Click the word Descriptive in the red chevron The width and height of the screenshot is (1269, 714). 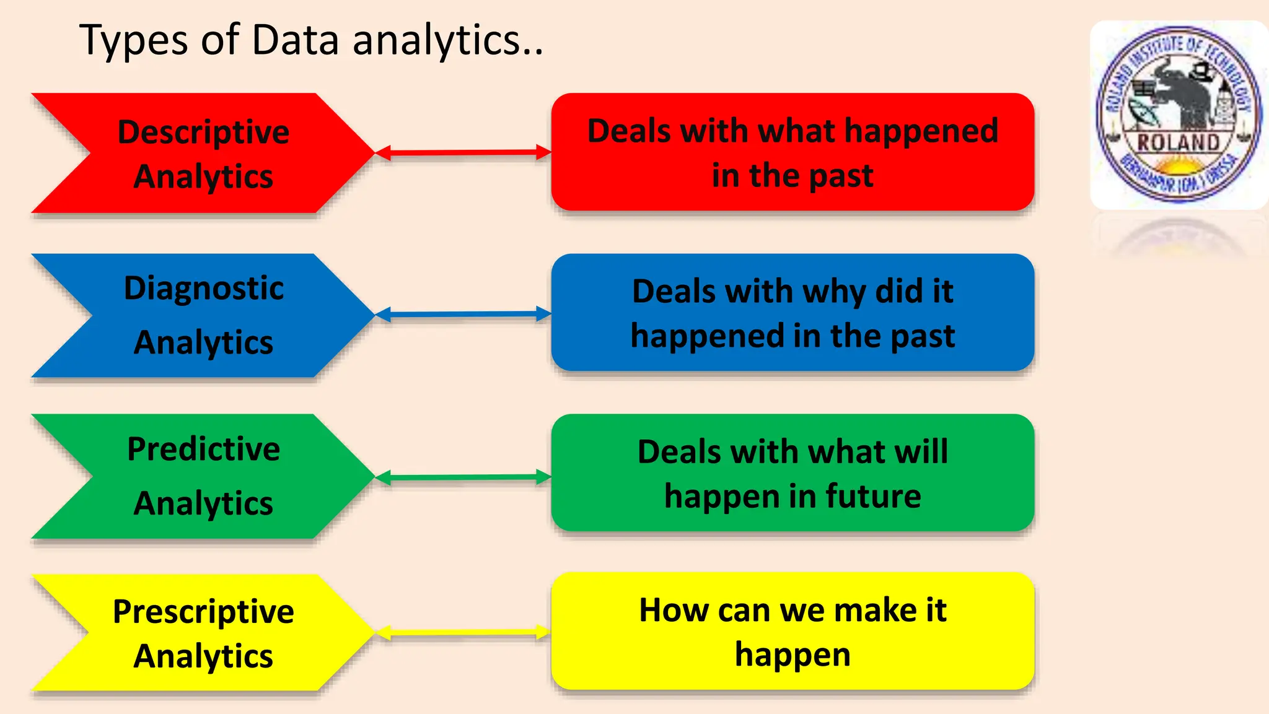[x=203, y=133]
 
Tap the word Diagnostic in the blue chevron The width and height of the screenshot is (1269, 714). [x=203, y=289]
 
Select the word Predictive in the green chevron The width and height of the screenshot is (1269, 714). [x=203, y=449]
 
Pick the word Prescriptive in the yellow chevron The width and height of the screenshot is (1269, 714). [x=203, y=612]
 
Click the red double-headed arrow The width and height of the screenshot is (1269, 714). [x=463, y=152]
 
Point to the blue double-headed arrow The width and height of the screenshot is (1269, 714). [x=463, y=314]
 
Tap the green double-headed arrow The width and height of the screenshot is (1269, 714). [x=463, y=477]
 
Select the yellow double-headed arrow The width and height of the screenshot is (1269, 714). [x=463, y=632]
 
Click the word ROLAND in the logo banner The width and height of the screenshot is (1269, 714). [x=1178, y=142]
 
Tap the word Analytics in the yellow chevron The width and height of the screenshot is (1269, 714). [x=203, y=656]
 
